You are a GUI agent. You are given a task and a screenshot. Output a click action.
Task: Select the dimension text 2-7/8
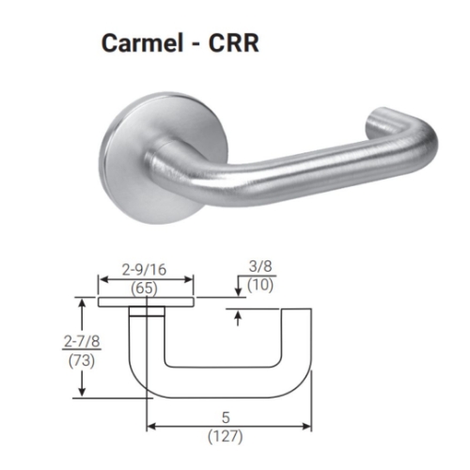coord(57,342)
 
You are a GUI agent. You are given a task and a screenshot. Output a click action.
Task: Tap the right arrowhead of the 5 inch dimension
coord(308,427)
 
